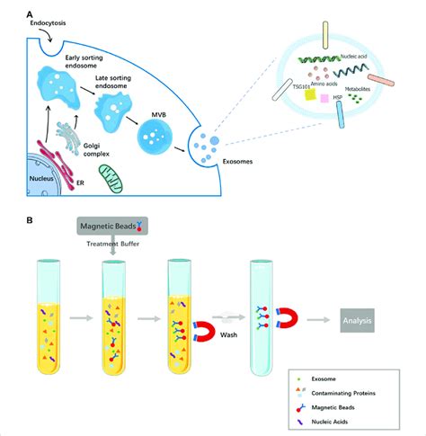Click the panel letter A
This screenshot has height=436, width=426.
tap(32, 15)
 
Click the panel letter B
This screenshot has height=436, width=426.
tap(32, 218)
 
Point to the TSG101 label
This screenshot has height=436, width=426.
tap(279, 91)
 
